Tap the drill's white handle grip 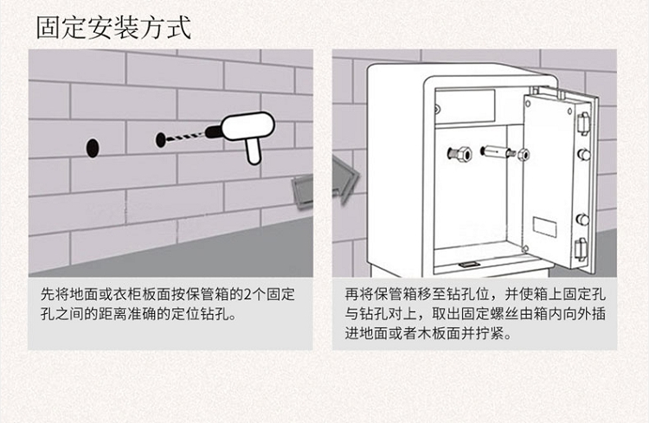coord(254,151)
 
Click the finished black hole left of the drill coord(93,146)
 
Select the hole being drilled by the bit coord(161,138)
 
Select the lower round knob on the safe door coord(584,219)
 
